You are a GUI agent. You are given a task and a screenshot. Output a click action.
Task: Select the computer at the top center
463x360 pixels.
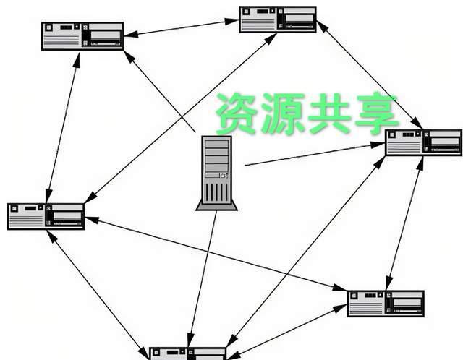pos(279,20)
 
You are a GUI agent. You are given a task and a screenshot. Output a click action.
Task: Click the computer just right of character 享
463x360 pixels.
pos(423,142)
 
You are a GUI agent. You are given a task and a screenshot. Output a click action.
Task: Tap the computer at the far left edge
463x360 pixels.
pos(46,216)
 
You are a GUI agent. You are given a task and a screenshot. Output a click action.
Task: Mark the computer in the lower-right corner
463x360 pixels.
pos(386,304)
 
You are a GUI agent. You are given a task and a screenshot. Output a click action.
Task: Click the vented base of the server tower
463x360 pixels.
pos(216,195)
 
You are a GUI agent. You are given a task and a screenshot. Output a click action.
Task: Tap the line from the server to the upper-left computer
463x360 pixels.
pos(161,93)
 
